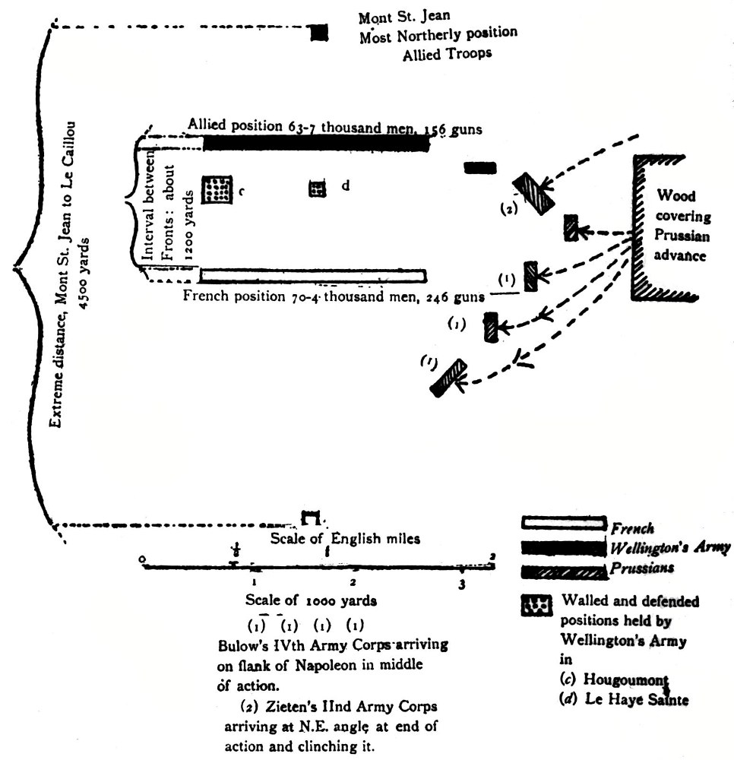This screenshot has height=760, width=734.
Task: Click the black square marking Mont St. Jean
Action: [x=318, y=33]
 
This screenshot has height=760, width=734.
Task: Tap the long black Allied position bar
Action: [x=315, y=143]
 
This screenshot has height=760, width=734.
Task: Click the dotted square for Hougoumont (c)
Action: [x=217, y=188]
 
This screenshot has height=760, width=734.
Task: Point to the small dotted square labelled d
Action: [x=317, y=188]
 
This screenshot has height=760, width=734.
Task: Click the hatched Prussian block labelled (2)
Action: [x=532, y=193]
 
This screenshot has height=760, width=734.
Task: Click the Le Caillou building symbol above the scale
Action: [x=310, y=518]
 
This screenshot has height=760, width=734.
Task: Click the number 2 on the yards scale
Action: [x=353, y=581]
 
